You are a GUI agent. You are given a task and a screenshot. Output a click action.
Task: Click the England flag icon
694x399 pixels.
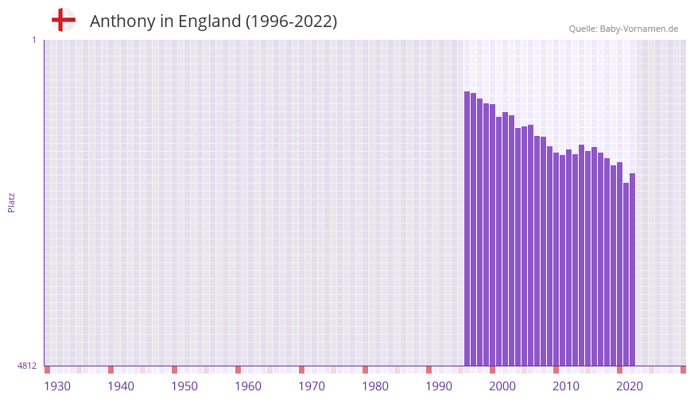(x=63, y=21)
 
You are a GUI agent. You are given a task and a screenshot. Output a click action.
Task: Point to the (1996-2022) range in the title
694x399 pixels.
(x=291, y=21)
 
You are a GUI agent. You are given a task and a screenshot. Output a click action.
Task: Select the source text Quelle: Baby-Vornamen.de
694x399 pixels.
(x=623, y=29)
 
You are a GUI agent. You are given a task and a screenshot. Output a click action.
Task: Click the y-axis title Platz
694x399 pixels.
(x=11, y=202)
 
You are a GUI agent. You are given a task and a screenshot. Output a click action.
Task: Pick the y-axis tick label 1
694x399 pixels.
(x=33, y=40)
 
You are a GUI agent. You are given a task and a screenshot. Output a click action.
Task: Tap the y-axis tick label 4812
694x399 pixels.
(x=27, y=366)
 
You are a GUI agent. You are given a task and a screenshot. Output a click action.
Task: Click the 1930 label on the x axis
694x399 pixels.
(x=57, y=386)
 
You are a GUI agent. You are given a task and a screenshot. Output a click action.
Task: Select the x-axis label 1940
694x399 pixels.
(x=121, y=386)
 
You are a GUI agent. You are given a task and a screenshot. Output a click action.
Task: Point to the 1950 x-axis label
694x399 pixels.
(x=184, y=386)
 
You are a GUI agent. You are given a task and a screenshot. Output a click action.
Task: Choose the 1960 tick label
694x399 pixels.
(x=248, y=386)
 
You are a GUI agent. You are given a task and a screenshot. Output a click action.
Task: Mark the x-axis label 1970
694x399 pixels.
(x=312, y=386)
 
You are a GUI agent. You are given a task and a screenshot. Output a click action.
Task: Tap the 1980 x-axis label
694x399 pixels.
(x=375, y=386)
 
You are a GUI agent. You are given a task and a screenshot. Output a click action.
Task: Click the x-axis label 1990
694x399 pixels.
(x=439, y=386)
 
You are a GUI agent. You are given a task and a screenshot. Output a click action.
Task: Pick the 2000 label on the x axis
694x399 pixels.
(x=502, y=386)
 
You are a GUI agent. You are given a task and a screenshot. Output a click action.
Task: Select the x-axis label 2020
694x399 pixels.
(x=630, y=386)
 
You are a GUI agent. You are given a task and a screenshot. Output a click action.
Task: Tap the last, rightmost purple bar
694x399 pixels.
(x=632, y=270)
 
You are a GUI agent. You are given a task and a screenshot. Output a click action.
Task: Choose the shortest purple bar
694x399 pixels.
(x=626, y=274)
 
